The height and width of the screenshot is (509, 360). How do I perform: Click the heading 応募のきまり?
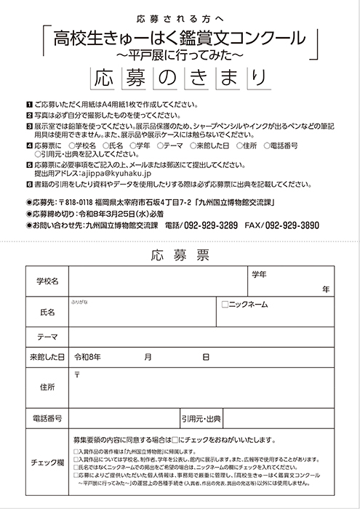point(180,76)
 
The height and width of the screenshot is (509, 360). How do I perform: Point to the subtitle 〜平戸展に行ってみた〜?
point(180,53)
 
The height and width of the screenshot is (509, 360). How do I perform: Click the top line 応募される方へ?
point(180,17)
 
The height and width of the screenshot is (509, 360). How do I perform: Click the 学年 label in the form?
point(260,274)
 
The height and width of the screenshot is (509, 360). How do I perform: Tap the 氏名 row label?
point(47,312)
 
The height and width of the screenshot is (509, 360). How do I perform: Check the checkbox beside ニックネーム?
point(225,303)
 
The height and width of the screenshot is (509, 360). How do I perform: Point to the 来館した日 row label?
point(47,357)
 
